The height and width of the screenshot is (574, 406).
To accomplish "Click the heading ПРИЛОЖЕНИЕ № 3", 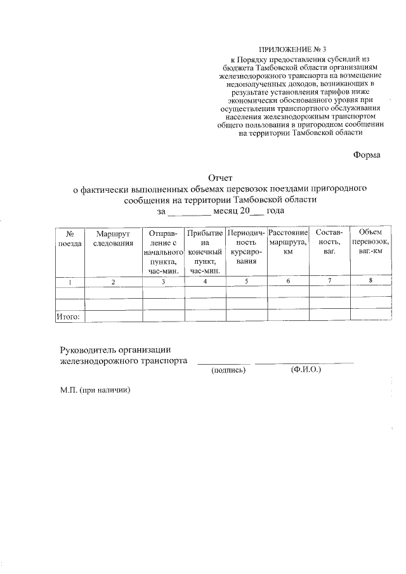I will point(296,49).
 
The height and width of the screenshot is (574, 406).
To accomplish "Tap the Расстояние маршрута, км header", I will point(288,243).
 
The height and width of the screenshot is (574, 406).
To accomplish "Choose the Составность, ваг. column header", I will point(329,243).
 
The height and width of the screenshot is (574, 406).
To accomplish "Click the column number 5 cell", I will point(246,282).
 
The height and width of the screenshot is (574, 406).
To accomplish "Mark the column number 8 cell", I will point(370,281).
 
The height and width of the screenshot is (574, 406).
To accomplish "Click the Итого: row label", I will point(69,315).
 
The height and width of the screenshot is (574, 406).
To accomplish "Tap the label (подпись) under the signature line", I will point(228,371).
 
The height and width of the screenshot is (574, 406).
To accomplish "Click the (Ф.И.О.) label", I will point(305,370).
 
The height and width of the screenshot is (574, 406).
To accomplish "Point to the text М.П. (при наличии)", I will point(95,390).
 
